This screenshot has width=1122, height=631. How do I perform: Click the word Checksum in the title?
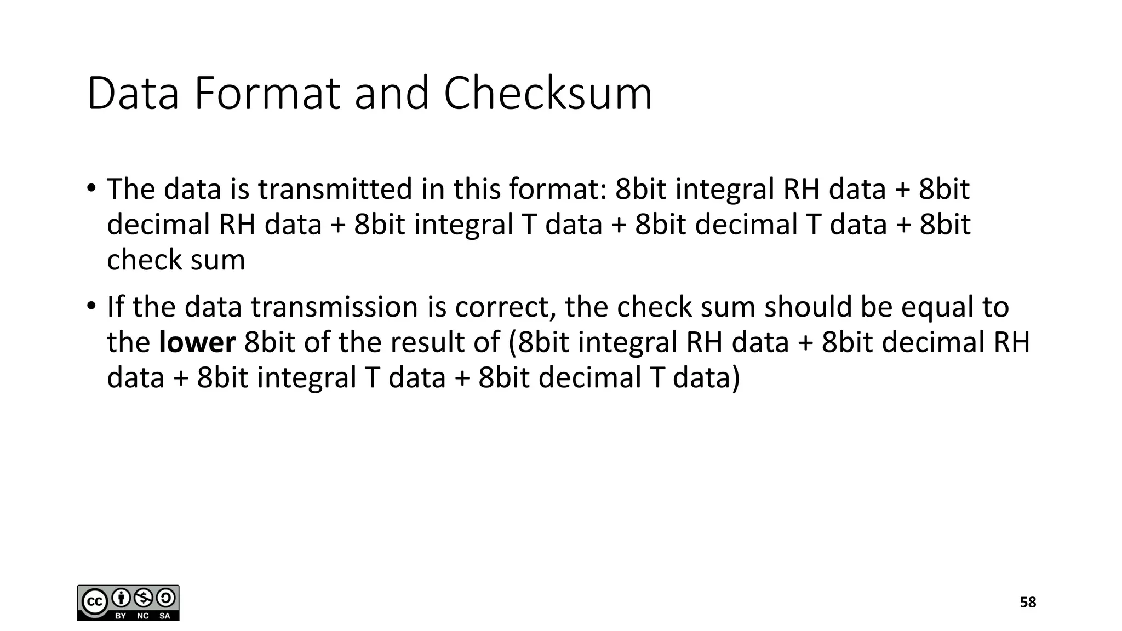(547, 94)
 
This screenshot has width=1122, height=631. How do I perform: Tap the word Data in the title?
(133, 94)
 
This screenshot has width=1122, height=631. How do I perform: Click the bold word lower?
(197, 342)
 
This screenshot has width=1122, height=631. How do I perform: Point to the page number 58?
(1028, 603)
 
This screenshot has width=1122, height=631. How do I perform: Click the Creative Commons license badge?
(128, 603)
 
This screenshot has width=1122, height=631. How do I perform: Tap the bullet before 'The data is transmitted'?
(91, 188)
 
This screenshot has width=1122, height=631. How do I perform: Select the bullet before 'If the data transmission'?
(91, 306)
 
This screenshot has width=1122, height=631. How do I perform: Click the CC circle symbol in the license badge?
(94, 602)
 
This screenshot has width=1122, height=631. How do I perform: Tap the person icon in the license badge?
(120, 598)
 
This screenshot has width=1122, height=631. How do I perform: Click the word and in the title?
(392, 94)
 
